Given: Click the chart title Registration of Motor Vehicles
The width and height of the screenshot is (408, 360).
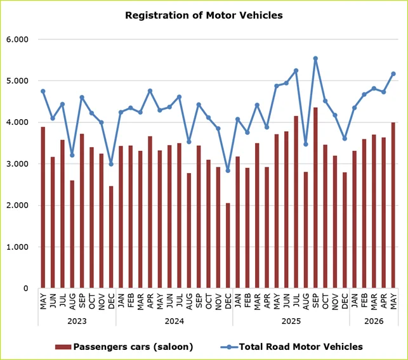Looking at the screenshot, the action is (204, 15).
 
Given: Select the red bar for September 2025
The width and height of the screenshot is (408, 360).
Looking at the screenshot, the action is (315, 198).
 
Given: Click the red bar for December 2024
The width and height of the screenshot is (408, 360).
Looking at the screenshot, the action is (228, 246).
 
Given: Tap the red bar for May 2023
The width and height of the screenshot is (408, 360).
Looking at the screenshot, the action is (43, 207).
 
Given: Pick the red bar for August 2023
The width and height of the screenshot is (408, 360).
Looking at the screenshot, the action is (72, 235).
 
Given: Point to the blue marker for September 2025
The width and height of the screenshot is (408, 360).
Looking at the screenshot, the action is (315, 58).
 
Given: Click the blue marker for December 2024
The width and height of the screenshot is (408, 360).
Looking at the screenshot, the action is (228, 170).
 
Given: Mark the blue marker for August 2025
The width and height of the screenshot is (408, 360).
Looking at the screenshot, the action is (306, 145).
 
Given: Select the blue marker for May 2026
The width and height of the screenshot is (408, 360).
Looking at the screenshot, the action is (393, 74).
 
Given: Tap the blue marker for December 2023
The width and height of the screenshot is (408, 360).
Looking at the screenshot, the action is (111, 164).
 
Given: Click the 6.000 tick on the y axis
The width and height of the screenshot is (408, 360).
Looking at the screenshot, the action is (17, 39).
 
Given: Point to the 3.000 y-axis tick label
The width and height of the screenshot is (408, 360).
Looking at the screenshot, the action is (17, 164).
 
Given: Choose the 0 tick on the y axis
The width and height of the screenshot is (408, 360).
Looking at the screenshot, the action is (25, 288).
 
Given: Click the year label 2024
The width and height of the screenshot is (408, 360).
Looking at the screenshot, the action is (174, 321).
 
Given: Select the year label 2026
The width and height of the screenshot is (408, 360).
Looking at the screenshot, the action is (374, 321).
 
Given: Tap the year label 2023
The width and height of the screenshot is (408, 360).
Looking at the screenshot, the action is (77, 321).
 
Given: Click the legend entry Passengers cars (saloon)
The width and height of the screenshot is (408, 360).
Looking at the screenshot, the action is (124, 347).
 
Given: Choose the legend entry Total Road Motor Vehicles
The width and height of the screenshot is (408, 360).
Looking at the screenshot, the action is (291, 347).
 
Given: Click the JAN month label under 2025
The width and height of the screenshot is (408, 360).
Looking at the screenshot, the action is (238, 300).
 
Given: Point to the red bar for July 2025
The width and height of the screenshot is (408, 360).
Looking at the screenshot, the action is (296, 202).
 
